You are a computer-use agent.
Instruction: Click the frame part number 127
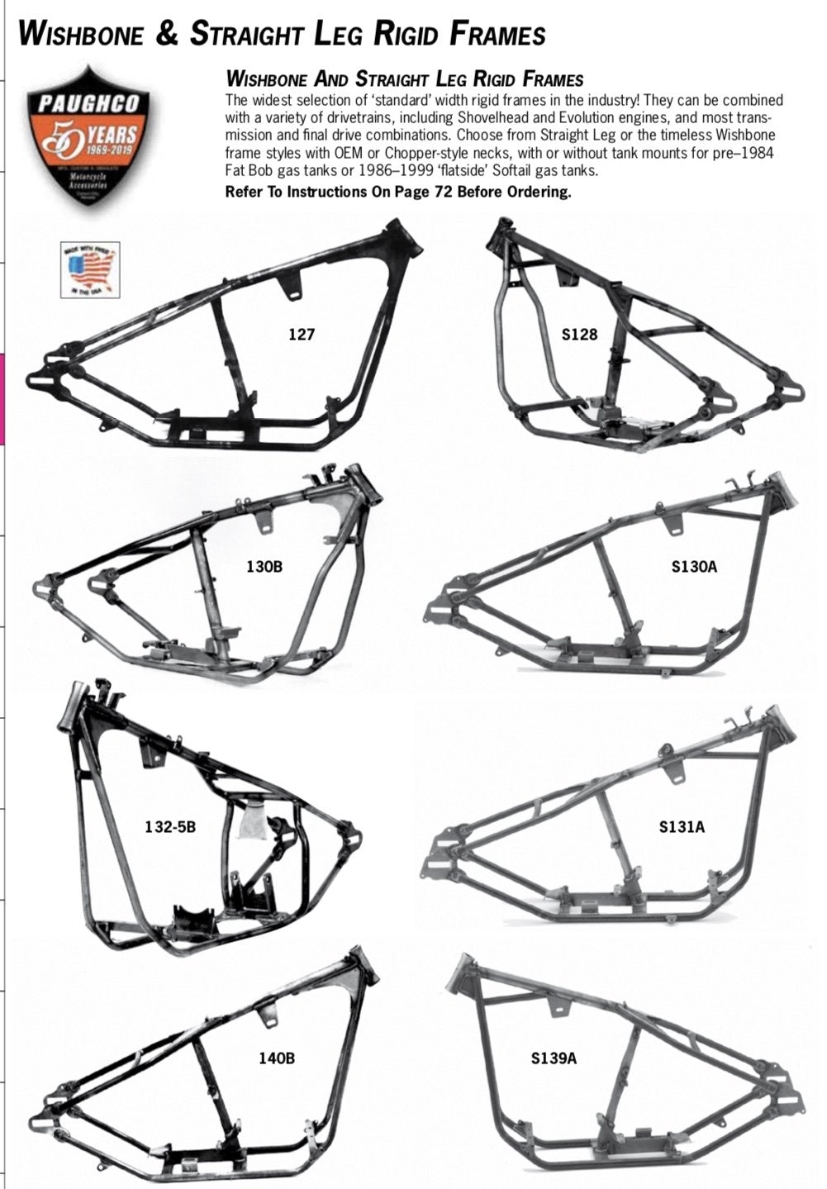(302, 335)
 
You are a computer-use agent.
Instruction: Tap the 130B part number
(264, 567)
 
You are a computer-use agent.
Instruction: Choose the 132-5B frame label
(170, 825)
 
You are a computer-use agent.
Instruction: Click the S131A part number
(682, 825)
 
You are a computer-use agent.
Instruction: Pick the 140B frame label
(276, 1057)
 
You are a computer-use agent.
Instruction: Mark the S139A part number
(554, 1057)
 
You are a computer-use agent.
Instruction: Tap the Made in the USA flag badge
(91, 269)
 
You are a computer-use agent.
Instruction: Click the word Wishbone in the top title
(81, 34)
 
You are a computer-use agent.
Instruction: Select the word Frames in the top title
(498, 34)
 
